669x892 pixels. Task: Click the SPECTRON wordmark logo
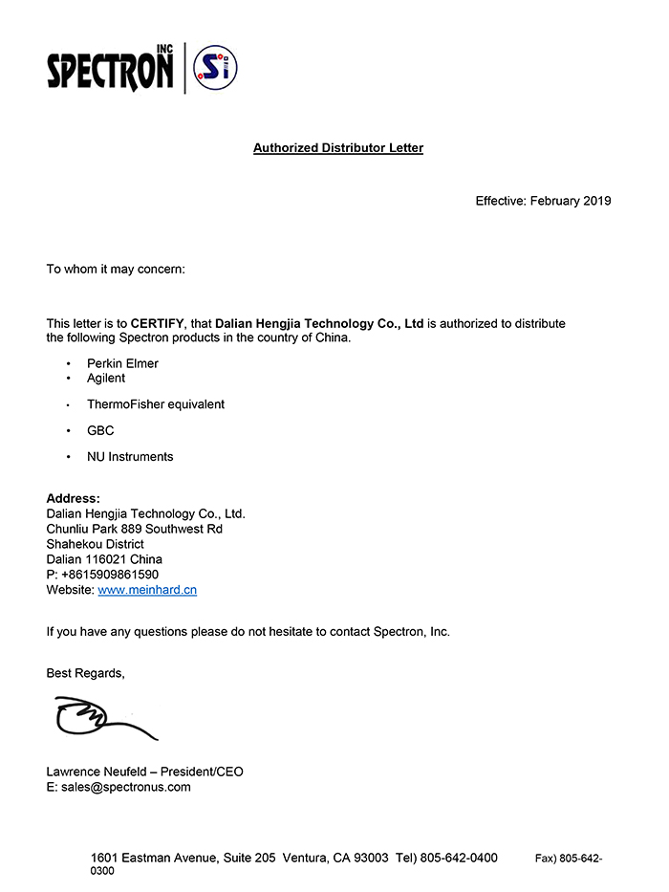111,69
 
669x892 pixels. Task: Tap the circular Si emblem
215,68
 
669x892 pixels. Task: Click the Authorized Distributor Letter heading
337,148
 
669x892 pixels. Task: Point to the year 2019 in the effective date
596,201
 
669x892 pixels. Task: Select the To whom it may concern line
116,270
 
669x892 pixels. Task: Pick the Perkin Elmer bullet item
122,363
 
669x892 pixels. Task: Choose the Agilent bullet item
106,378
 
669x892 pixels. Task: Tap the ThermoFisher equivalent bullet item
156,404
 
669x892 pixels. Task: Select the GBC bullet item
100,430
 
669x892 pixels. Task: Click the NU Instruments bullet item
130,457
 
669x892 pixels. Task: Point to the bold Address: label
73,499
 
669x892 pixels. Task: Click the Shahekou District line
96,544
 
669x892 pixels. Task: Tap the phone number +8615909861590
110,575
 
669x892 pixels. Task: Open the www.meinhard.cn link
147,590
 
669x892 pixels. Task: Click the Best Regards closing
85,673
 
